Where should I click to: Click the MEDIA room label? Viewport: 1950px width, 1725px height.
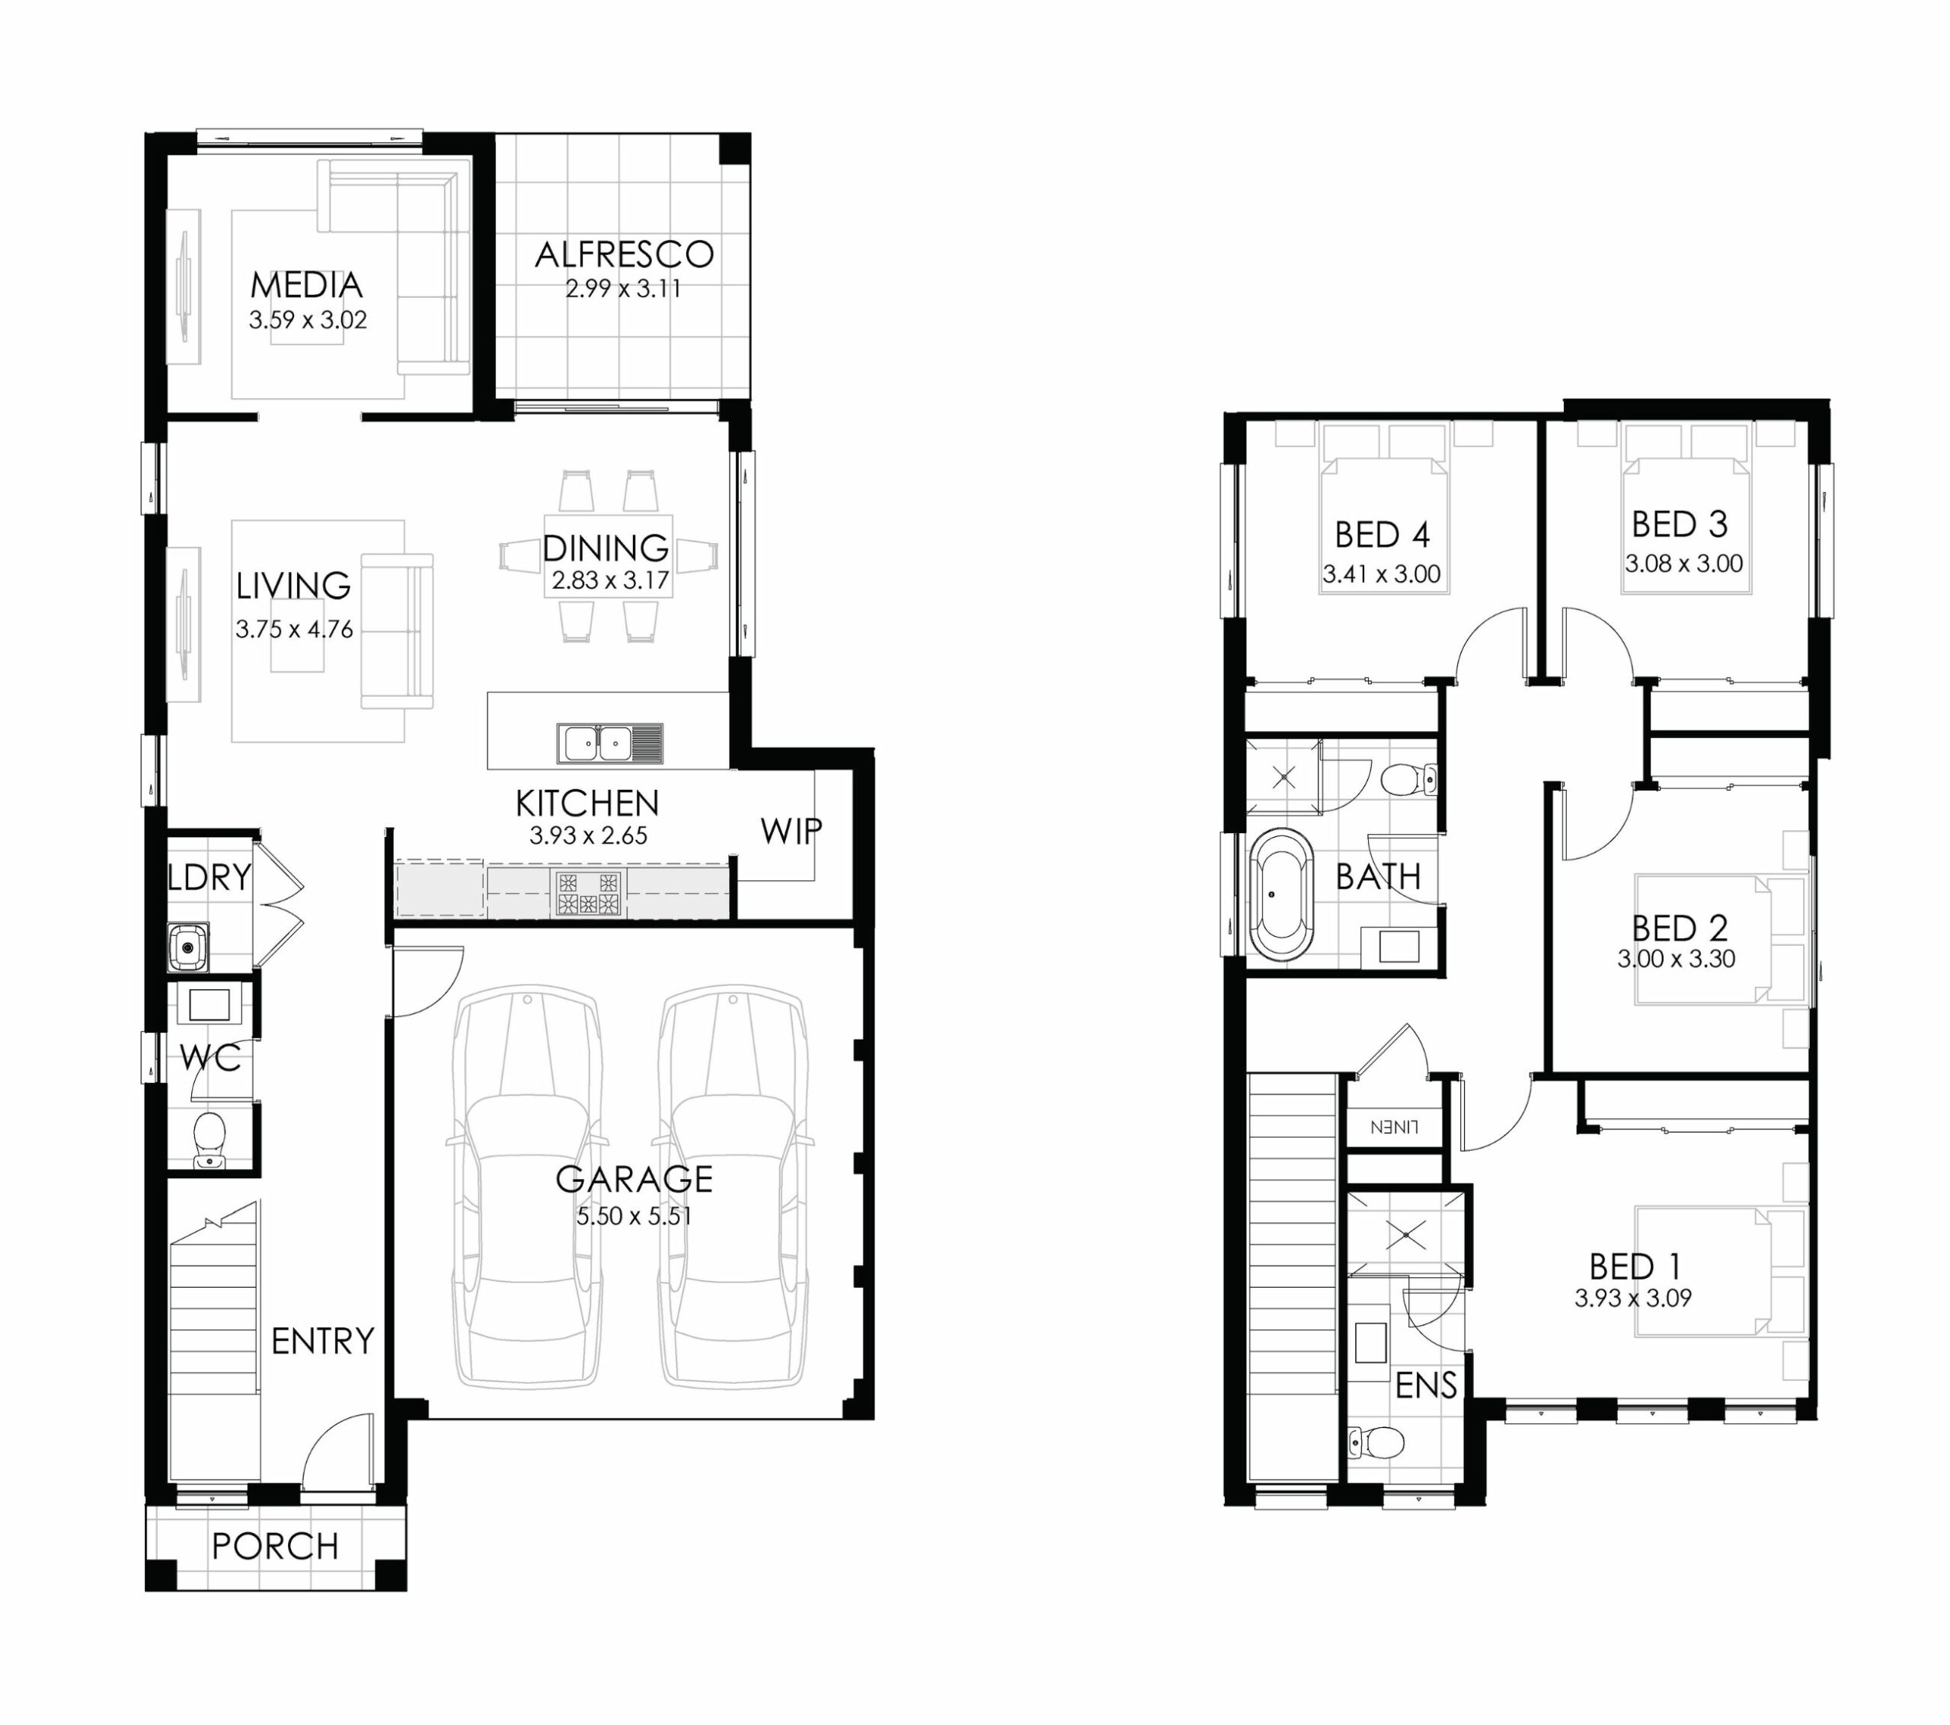[306, 284]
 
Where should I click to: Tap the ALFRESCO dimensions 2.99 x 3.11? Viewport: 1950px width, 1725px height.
[623, 288]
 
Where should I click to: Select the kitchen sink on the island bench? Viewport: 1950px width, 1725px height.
[609, 743]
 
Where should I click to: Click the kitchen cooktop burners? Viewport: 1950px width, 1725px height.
[589, 893]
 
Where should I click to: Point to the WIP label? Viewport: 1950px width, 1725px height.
[791, 831]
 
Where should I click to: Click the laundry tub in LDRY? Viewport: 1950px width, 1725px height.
[188, 947]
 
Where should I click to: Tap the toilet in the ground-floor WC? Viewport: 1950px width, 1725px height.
[209, 1139]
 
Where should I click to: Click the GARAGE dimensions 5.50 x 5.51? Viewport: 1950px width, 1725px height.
[634, 1215]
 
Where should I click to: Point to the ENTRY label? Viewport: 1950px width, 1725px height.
[322, 1341]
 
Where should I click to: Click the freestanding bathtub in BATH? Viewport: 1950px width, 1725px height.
[1282, 894]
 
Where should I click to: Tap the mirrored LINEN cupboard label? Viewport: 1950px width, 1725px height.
[1394, 1127]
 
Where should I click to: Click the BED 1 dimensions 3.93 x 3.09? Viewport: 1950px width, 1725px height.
[1633, 1298]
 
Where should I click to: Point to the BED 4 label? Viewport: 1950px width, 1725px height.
[1382, 535]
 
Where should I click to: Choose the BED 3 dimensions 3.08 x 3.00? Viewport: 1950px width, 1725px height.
[1684, 563]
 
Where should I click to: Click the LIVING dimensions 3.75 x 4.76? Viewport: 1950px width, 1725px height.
[294, 630]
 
